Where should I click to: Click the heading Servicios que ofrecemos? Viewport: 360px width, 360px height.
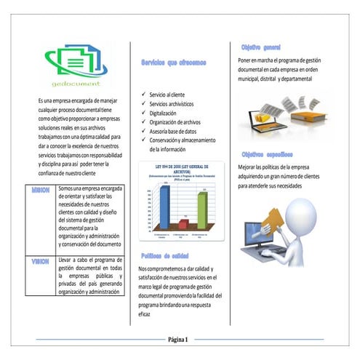[174, 63]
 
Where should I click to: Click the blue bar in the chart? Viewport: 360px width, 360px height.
[164, 207]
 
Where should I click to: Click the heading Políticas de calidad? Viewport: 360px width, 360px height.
[167, 256]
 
